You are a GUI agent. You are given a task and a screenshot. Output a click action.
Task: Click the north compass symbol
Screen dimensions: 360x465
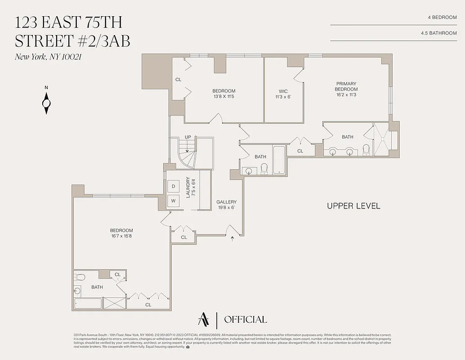coord(46,103)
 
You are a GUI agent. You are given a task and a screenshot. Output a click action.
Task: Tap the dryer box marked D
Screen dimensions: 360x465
coord(174,186)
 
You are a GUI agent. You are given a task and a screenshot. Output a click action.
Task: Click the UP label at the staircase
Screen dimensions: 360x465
coord(188,137)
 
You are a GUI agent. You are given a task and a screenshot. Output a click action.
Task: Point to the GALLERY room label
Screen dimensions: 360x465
coord(226,202)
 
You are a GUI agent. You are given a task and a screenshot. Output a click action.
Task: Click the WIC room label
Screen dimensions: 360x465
coord(283,91)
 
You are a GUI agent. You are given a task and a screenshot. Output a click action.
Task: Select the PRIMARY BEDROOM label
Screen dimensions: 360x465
coord(346,86)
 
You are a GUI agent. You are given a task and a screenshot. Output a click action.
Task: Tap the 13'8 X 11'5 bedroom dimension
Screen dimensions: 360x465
coord(224,97)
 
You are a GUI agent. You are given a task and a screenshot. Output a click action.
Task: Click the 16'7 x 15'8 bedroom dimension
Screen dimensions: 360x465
coord(121,236)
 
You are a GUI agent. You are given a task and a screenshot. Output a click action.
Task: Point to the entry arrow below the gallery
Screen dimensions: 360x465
coord(232,238)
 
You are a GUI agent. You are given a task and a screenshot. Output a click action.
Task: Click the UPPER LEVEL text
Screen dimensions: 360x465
coord(353,206)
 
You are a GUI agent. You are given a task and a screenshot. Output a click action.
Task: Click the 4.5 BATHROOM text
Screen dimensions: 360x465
coord(438,33)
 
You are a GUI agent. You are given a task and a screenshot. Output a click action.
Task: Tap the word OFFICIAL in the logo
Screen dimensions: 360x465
coord(245,320)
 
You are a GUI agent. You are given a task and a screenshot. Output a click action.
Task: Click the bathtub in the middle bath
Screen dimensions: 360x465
coord(279,160)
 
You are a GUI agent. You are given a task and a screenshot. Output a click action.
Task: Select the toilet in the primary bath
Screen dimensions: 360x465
coord(366,149)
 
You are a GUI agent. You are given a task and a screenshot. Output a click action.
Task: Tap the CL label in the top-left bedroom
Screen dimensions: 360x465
coord(178,80)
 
